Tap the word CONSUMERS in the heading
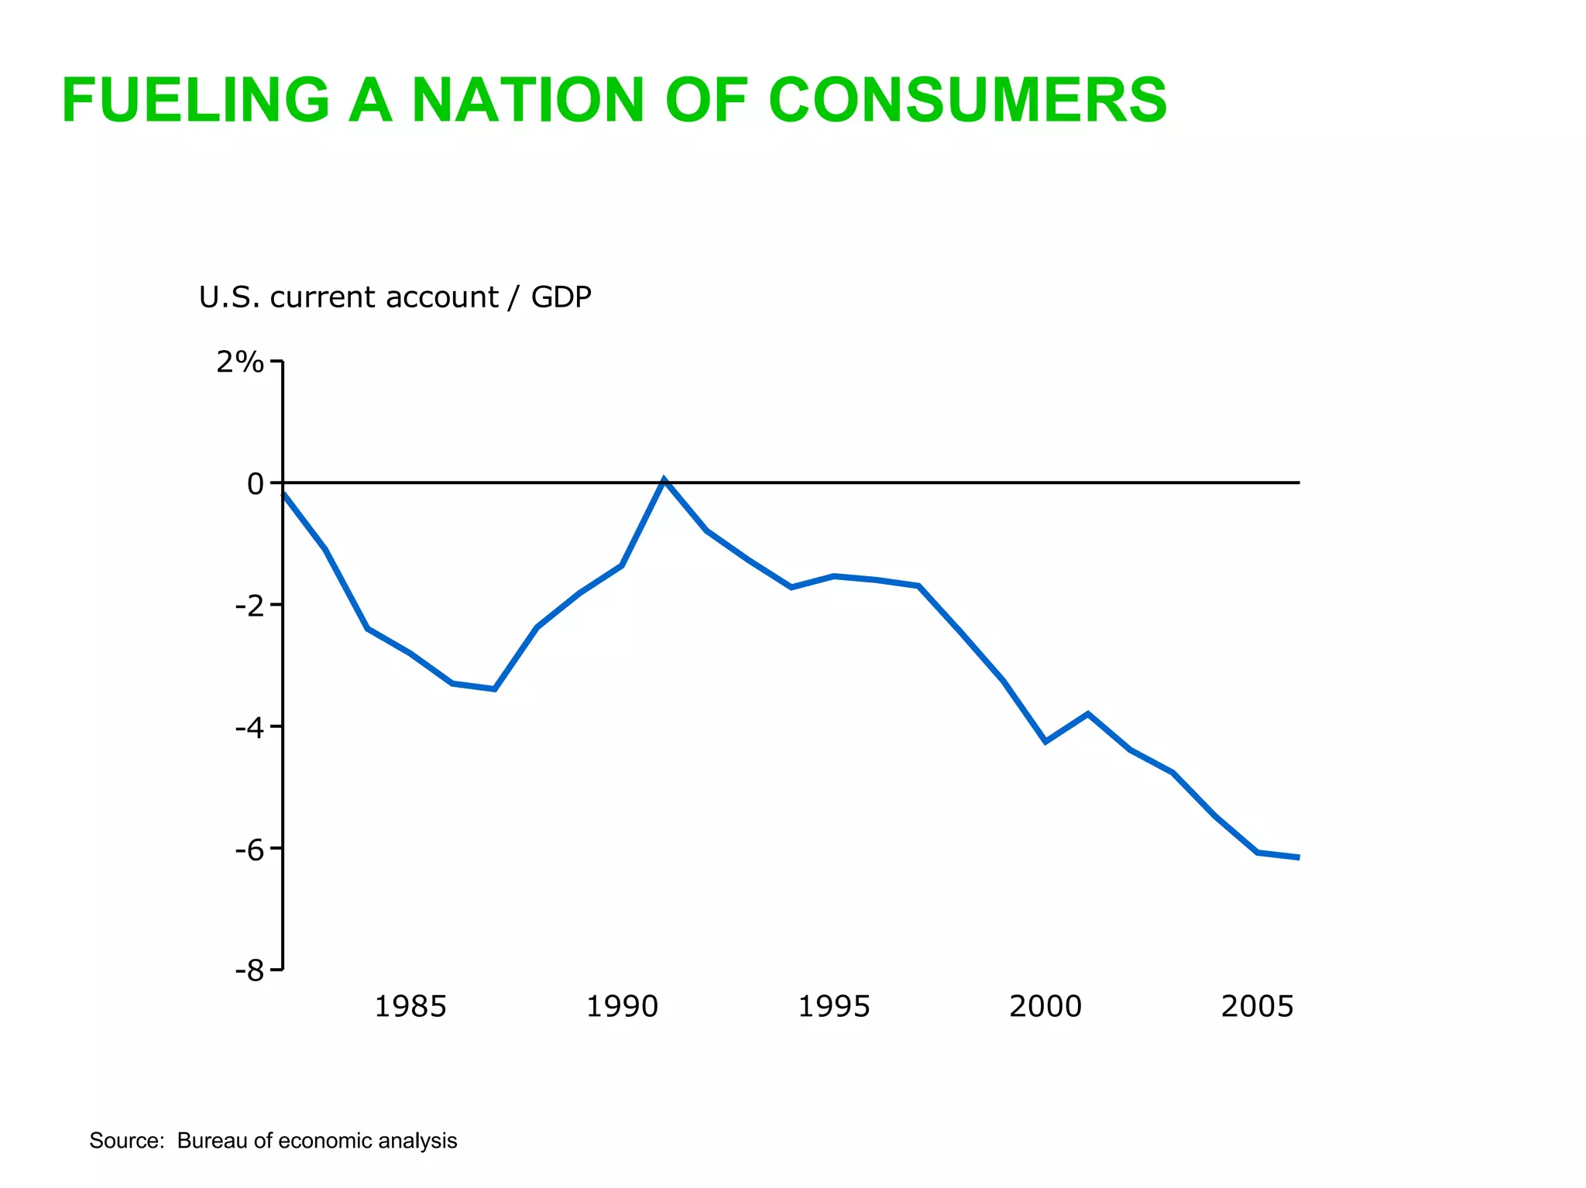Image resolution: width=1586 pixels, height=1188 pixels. pyautogui.click(x=967, y=100)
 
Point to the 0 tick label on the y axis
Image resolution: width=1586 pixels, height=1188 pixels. pyautogui.click(x=255, y=484)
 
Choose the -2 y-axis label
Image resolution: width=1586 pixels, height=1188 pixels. pyautogui.click(x=249, y=606)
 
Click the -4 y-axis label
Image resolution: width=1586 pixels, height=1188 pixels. pyautogui.click(x=249, y=727)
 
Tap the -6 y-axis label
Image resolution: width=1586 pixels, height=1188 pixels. pyautogui.click(x=249, y=850)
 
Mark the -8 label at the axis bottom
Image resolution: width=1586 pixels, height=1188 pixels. pyautogui.click(x=249, y=971)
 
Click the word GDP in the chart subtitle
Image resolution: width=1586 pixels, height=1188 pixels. pyautogui.click(x=561, y=297)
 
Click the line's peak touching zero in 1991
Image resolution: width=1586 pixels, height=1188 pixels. pyautogui.click(x=664, y=480)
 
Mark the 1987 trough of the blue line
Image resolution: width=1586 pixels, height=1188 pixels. pyautogui.click(x=494, y=688)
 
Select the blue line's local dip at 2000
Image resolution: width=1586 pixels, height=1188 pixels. pyautogui.click(x=1045, y=742)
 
